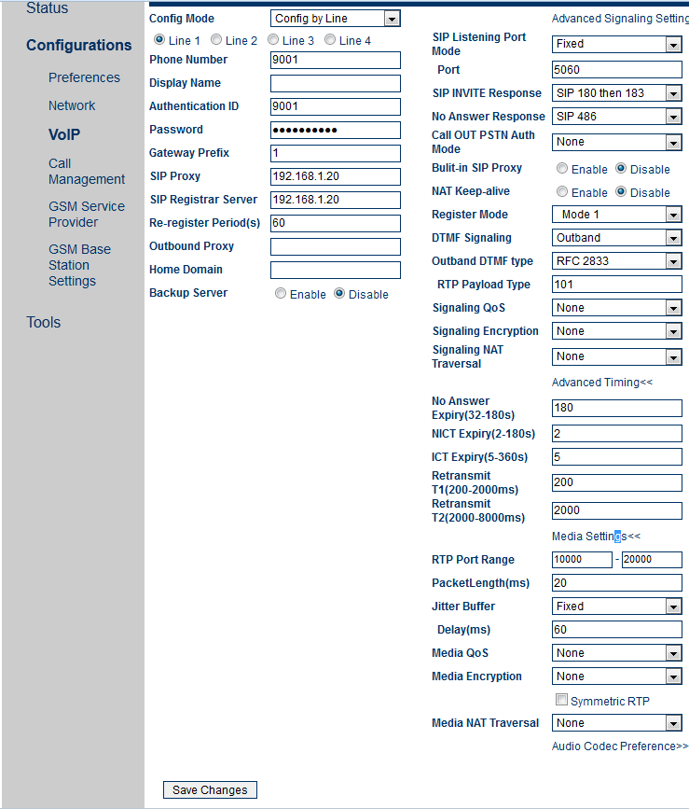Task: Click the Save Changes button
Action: [x=210, y=789]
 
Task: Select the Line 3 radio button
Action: [x=273, y=40]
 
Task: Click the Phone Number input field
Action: [x=335, y=60]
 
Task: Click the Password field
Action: [x=335, y=130]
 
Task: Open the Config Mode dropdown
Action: [x=335, y=19]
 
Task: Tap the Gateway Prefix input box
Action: [x=335, y=153]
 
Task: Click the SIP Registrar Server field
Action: [x=335, y=200]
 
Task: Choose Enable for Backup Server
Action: [x=281, y=293]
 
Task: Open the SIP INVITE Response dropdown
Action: [x=616, y=93]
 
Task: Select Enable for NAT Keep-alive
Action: [x=562, y=192]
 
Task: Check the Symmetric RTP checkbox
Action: [x=561, y=700]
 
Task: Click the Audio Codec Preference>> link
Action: [x=619, y=746]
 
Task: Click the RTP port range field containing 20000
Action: [x=651, y=560]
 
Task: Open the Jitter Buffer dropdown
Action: [x=616, y=607]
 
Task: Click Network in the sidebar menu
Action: [x=72, y=105]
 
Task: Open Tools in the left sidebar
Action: [x=43, y=322]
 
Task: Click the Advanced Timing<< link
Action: [x=601, y=383]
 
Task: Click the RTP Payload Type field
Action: [x=616, y=285]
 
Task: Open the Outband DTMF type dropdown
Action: [x=616, y=261]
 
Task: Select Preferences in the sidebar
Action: [x=84, y=77]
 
